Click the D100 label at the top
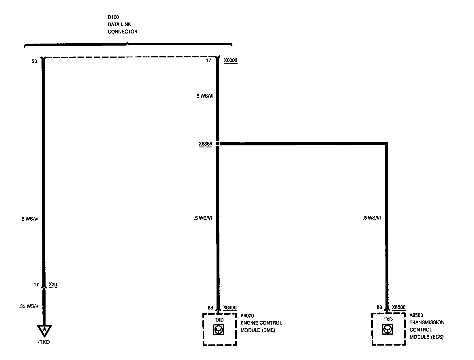click(x=113, y=17)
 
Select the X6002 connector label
click(x=230, y=61)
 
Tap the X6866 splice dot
click(x=218, y=143)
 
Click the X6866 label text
click(x=205, y=143)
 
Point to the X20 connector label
click(x=53, y=285)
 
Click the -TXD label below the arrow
click(x=44, y=342)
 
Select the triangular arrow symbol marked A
click(x=44, y=330)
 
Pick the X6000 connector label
click(x=230, y=308)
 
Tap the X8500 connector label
click(x=398, y=307)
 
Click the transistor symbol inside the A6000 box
click(x=219, y=330)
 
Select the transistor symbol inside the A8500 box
click(x=387, y=329)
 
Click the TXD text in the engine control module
click(x=219, y=320)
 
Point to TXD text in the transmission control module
click(x=388, y=320)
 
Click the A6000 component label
click(x=247, y=316)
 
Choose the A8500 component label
click(x=416, y=315)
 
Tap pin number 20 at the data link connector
click(x=34, y=61)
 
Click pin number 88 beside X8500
click(x=379, y=307)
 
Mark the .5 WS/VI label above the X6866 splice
click(x=204, y=96)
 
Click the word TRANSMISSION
click(x=427, y=322)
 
